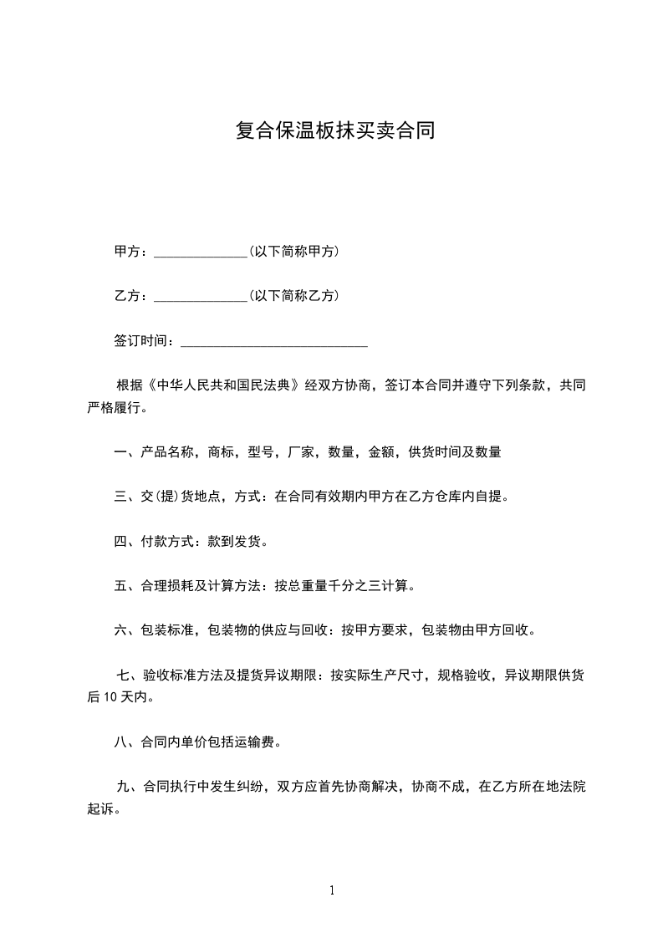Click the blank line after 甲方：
tap(201, 252)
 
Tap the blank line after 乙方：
tap(201, 296)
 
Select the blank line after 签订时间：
tap(274, 341)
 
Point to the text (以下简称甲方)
tap(293, 251)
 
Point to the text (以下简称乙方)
tap(293, 295)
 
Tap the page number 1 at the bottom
tap(332, 890)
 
